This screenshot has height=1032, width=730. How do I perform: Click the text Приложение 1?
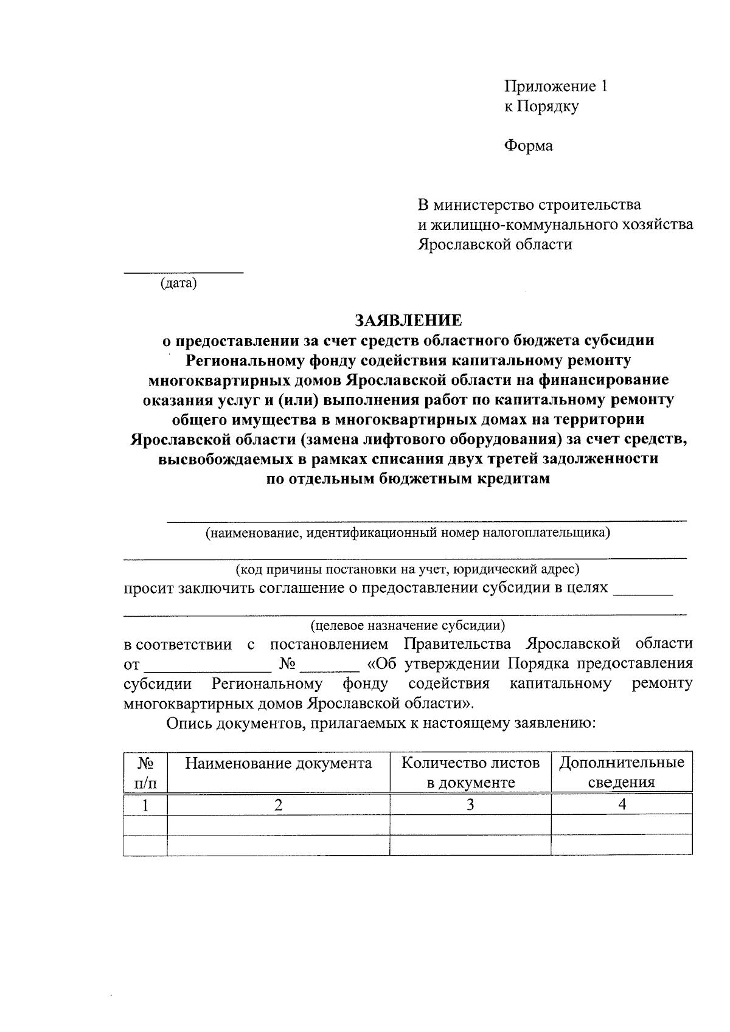[555, 86]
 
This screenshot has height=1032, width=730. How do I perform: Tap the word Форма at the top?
[528, 146]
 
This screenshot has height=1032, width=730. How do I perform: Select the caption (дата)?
[178, 283]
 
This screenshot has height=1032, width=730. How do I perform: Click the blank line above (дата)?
[183, 271]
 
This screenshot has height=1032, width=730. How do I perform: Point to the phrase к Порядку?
[541, 106]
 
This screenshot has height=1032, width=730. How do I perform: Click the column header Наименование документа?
[278, 764]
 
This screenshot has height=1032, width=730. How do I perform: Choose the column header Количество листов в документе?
[470, 772]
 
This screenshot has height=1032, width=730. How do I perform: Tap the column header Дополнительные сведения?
[621, 772]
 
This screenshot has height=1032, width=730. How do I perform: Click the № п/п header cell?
[145, 772]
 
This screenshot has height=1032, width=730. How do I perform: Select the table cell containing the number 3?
[470, 805]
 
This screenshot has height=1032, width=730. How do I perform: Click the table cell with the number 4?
[621, 805]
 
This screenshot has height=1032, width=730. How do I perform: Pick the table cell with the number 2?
[278, 805]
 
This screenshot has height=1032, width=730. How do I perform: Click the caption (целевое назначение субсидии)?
[408, 625]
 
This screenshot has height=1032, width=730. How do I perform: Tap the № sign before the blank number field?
[287, 663]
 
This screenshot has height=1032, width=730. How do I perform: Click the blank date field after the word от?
[207, 665]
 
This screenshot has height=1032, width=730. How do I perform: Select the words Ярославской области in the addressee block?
[495, 245]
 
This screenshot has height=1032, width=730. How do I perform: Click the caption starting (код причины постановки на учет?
[408, 570]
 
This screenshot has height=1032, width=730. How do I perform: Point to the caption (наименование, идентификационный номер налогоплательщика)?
[408, 533]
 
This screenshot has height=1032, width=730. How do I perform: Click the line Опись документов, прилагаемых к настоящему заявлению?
[380, 723]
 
